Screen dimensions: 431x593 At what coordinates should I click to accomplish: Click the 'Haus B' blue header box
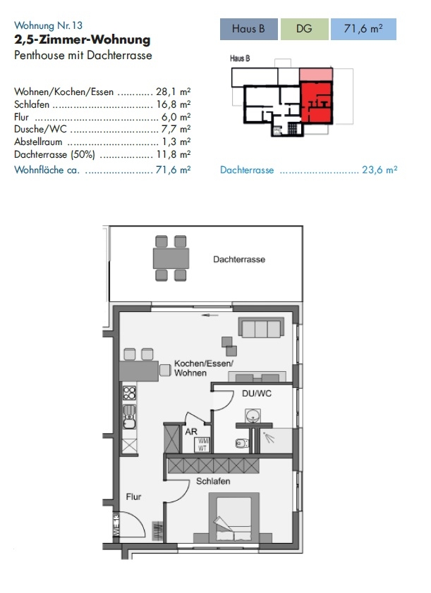pyautogui.click(x=249, y=29)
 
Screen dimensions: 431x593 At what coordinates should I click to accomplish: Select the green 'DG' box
pyautogui.click(x=305, y=29)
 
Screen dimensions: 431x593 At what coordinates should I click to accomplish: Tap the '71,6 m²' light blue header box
pyautogui.click(x=363, y=29)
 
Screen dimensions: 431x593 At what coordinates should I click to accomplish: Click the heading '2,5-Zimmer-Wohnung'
pyautogui.click(x=83, y=39)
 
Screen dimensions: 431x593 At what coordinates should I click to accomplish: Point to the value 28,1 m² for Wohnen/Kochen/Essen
pyautogui.click(x=173, y=92)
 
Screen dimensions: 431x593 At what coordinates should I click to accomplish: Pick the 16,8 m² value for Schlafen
pyautogui.click(x=173, y=104)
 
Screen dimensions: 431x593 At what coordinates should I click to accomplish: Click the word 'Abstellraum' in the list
pyautogui.click(x=38, y=142)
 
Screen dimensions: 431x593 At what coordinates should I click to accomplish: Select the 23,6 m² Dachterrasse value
pyautogui.click(x=380, y=170)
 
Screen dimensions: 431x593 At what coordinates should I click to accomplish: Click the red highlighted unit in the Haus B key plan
pyautogui.click(x=317, y=102)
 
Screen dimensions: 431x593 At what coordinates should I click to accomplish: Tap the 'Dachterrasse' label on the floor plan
pyautogui.click(x=239, y=259)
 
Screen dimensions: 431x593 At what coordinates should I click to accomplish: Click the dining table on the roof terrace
pyautogui.click(x=171, y=258)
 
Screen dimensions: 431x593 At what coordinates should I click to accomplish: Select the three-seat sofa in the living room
pyautogui.click(x=261, y=327)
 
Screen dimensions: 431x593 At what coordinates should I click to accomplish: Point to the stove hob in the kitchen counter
pyautogui.click(x=129, y=392)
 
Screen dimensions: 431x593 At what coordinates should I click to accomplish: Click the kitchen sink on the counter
pyautogui.click(x=129, y=416)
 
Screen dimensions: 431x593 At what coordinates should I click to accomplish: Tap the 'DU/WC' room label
pyautogui.click(x=257, y=393)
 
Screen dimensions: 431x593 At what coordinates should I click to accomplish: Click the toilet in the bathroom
pyautogui.click(x=243, y=442)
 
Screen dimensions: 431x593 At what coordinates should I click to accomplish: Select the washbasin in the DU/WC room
pyautogui.click(x=253, y=416)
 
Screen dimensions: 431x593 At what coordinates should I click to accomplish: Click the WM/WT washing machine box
pyautogui.click(x=202, y=445)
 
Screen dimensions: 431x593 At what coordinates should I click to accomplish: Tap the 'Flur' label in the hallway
pyautogui.click(x=133, y=497)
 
